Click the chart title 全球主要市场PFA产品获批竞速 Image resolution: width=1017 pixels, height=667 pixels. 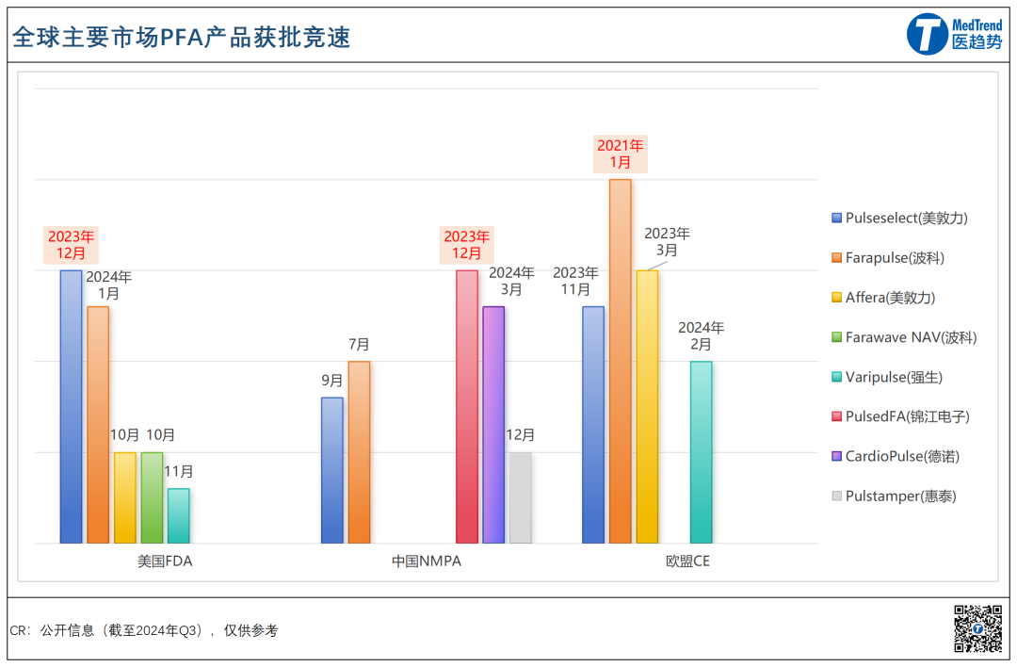coord(181,36)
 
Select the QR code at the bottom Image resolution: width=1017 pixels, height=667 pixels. coord(977,628)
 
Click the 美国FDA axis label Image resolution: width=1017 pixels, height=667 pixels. coord(165,561)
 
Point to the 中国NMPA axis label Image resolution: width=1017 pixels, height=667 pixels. coord(427,561)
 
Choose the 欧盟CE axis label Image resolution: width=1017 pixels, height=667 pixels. coord(687,561)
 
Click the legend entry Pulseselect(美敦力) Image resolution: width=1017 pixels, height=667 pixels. coord(905,218)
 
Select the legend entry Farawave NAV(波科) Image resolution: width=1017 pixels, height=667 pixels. coord(910,337)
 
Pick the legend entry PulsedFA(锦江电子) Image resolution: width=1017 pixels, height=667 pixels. coord(906,416)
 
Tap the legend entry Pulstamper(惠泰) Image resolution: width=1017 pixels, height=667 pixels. coord(899,496)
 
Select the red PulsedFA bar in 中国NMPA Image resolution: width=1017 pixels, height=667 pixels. coord(467,406)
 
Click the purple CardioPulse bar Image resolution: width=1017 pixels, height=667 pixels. coord(493,424)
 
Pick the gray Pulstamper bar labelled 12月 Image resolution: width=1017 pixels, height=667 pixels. coord(520,497)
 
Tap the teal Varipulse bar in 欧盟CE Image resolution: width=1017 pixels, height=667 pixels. coord(701,452)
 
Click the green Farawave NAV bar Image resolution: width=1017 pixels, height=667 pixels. coord(152,497)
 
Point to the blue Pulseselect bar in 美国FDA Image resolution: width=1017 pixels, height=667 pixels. coord(71,406)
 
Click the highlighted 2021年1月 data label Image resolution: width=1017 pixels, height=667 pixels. coord(620,154)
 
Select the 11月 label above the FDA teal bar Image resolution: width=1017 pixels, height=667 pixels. coord(178,471)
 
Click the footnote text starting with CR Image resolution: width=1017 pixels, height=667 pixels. coord(144,630)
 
